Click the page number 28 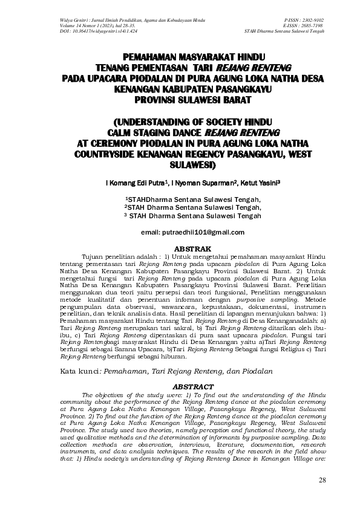322,481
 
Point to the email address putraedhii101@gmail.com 192,232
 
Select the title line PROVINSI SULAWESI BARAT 194,98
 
